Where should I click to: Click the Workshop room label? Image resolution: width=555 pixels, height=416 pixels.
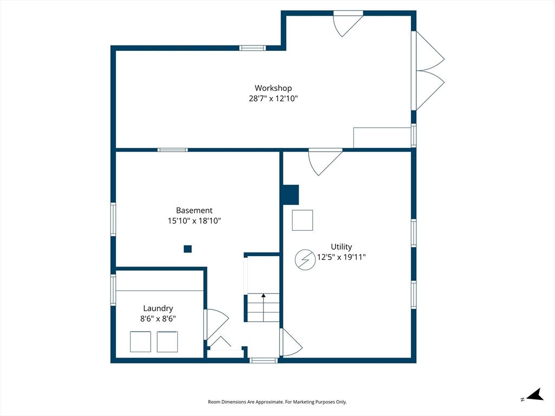(x=273, y=88)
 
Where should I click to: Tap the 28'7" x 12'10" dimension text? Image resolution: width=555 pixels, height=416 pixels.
(x=273, y=99)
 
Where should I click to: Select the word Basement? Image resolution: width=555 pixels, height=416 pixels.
(x=195, y=211)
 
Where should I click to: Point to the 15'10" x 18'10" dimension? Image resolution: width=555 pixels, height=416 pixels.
(x=195, y=221)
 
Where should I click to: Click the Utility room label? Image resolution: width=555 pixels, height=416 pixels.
(x=341, y=247)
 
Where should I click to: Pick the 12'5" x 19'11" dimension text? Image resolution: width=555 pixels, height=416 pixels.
(x=341, y=257)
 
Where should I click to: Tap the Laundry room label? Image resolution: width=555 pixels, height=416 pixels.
(x=158, y=308)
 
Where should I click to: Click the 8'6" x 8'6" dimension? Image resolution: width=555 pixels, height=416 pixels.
(x=158, y=318)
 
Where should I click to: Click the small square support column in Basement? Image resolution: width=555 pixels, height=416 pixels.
(x=188, y=249)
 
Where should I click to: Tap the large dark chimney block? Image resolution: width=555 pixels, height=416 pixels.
(x=291, y=194)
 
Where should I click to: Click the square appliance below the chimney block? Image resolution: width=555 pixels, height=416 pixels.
(x=302, y=220)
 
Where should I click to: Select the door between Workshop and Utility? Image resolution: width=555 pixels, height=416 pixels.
(x=325, y=161)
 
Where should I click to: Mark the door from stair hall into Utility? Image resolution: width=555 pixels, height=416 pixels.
(x=291, y=342)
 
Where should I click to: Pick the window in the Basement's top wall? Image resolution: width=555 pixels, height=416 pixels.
(x=173, y=150)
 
